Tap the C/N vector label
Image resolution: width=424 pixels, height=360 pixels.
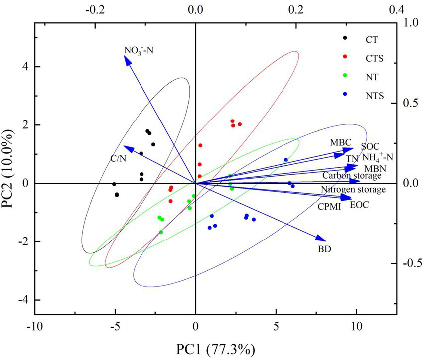coord(118,158)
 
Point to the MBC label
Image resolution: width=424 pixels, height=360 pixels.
coord(340,142)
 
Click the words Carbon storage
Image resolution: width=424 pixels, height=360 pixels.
coord(352,175)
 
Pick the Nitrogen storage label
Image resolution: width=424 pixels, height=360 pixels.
coord(353,190)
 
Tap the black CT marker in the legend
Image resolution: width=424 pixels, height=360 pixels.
coord(346,38)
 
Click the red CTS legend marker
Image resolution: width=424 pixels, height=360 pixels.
coord(346,57)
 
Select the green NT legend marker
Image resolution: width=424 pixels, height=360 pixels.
coord(346,76)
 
